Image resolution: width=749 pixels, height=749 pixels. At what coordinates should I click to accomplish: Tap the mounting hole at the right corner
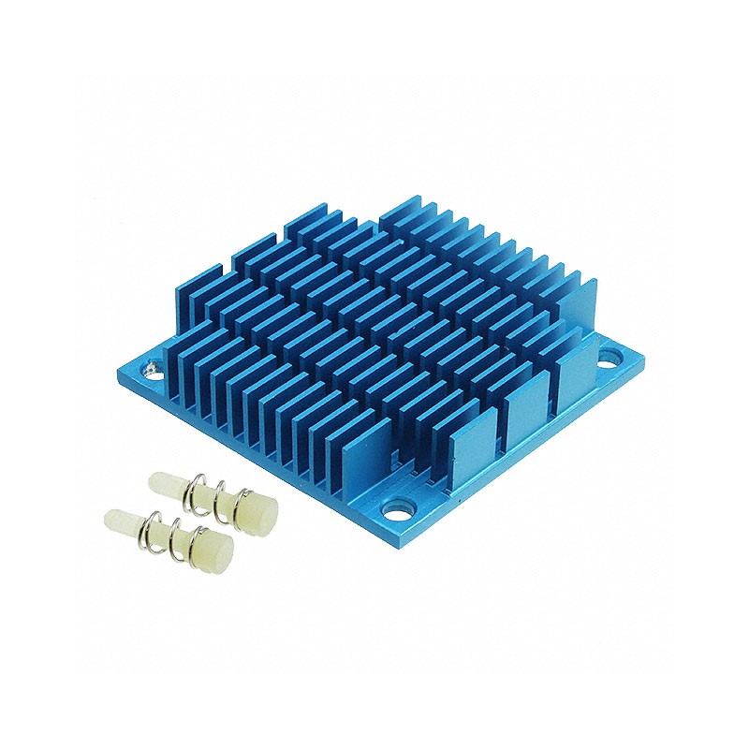tap(609, 357)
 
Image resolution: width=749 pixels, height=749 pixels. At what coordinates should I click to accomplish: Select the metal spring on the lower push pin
tap(169, 533)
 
